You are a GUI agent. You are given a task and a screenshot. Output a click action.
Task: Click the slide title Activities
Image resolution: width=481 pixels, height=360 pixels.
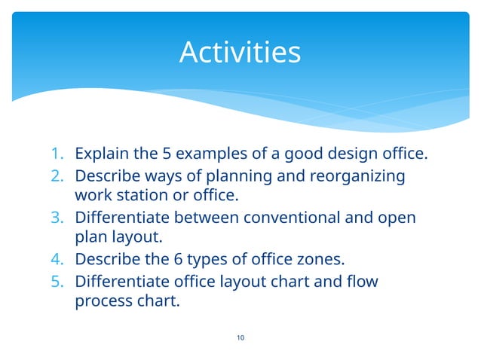240,53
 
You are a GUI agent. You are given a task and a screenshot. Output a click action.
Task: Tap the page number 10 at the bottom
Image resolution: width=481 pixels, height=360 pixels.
240,337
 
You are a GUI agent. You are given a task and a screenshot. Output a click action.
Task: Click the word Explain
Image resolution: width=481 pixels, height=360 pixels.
102,155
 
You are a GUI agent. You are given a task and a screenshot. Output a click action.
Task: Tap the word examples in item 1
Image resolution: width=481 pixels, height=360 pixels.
213,155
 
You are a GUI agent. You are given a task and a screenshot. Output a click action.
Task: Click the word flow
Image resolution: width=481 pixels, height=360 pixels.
362,282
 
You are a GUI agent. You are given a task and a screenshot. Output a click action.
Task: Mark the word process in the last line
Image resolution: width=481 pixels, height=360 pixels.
100,303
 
